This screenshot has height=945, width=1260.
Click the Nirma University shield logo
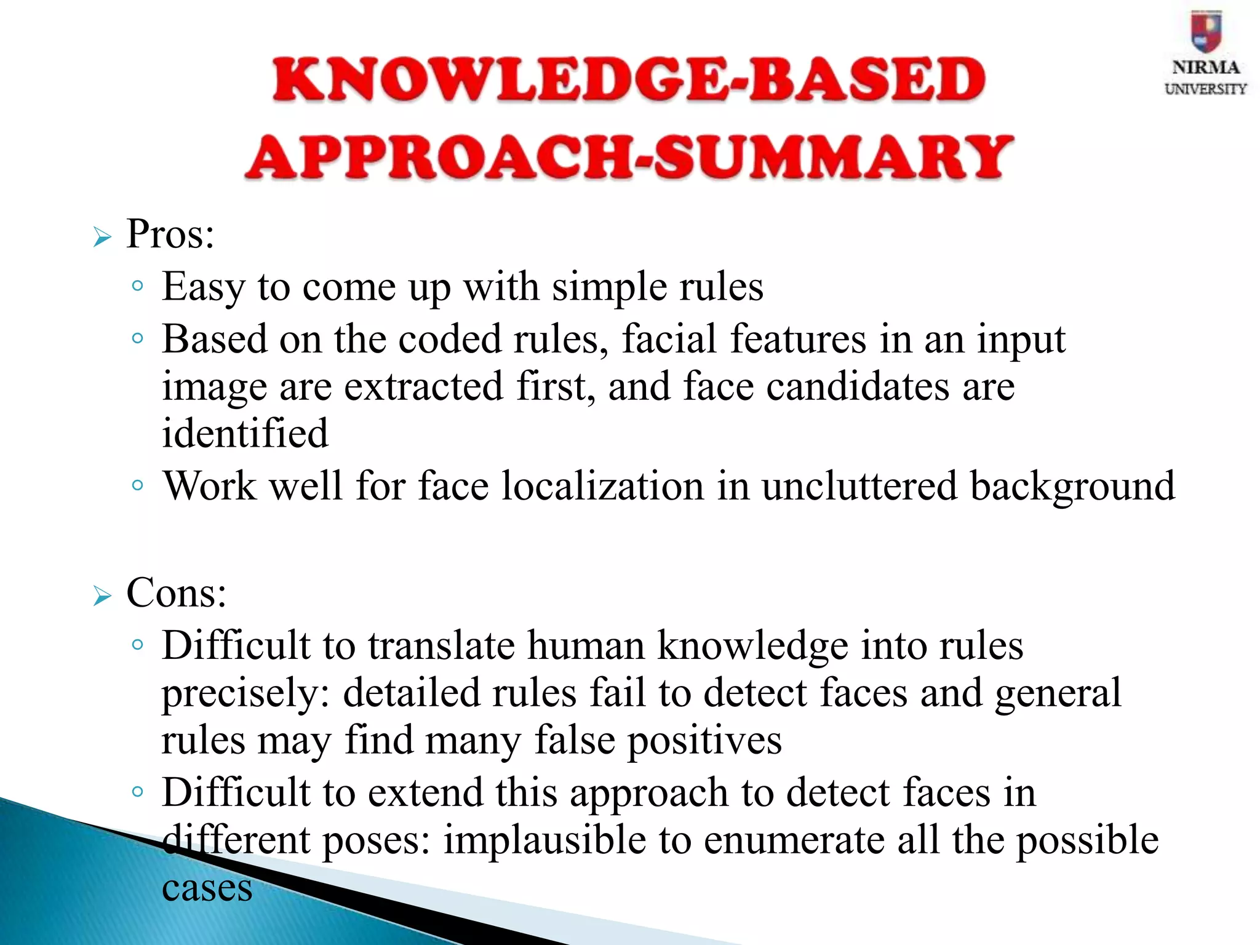coord(1205,31)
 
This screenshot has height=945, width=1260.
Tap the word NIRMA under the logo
coord(1205,67)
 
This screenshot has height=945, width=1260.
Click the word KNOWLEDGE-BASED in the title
coord(629,80)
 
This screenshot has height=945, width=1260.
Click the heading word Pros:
coord(170,235)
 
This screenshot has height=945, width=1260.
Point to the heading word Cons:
coord(177,594)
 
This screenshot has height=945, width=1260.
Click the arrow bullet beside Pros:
coord(102,237)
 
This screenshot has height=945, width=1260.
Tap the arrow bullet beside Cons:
coord(102,596)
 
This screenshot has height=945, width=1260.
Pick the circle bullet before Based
coord(138,338)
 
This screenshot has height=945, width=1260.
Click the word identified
coord(245,433)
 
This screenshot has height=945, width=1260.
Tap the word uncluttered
coord(859,486)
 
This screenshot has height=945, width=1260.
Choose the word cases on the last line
coord(207,888)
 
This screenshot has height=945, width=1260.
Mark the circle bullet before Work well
coord(138,485)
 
